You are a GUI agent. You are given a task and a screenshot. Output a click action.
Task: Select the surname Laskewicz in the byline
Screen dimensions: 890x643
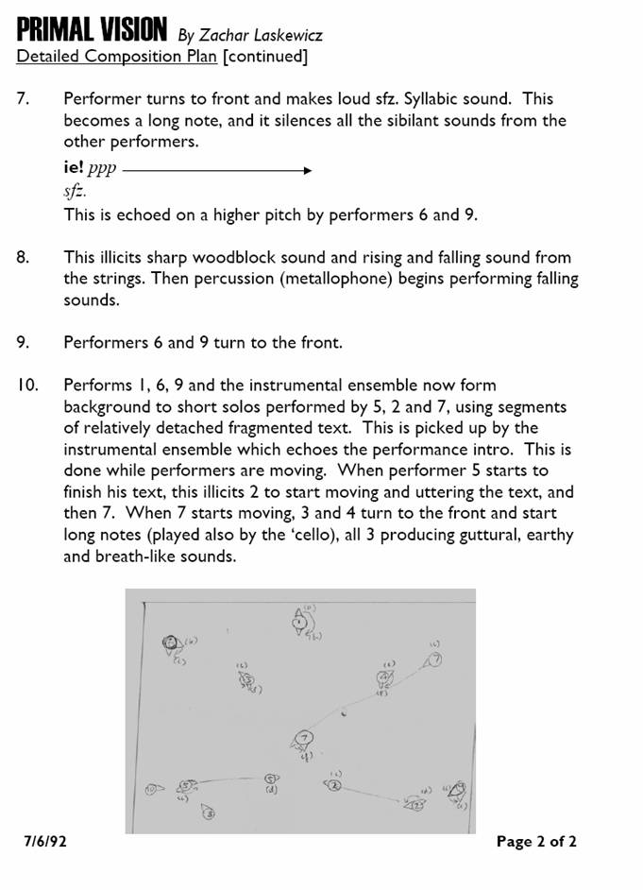point(281,35)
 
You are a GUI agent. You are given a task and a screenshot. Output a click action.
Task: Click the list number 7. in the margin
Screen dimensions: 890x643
point(25,98)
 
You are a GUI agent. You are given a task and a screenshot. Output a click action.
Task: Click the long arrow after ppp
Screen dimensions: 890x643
point(216,171)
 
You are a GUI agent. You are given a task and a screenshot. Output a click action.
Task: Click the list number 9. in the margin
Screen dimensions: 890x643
point(25,342)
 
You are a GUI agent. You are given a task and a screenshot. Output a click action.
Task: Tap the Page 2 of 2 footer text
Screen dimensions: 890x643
point(535,842)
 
